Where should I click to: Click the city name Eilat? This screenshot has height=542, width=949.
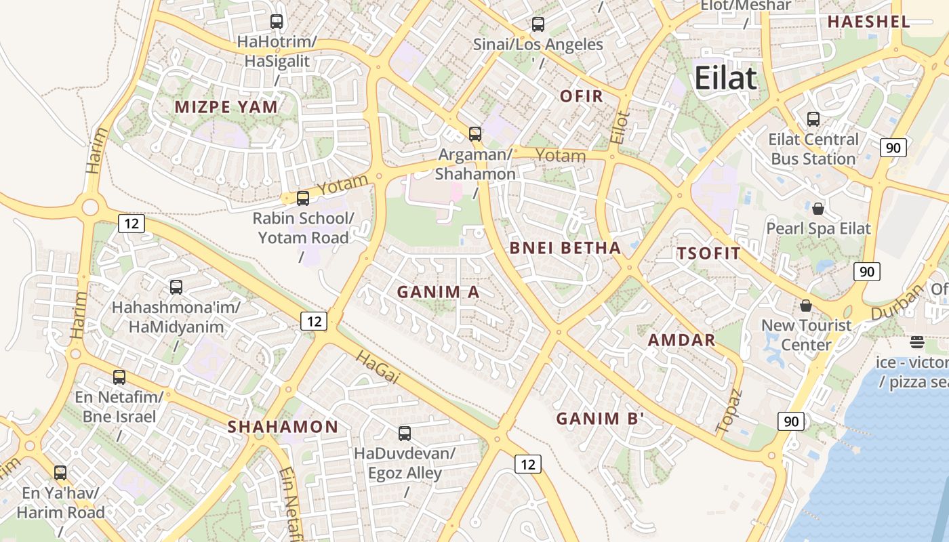[725, 78]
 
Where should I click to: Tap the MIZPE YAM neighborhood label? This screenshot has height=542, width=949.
[226, 107]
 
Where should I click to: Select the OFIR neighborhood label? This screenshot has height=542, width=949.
[582, 96]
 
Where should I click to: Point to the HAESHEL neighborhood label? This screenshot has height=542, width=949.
[868, 22]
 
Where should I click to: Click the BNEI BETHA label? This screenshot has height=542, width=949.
[565, 248]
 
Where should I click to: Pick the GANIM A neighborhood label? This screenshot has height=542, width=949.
[438, 292]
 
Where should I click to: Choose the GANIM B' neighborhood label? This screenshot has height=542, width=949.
[599, 419]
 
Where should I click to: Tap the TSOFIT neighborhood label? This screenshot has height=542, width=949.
[708, 254]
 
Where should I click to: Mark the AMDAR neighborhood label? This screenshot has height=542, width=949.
[682, 340]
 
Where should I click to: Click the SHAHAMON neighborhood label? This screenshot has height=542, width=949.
[283, 427]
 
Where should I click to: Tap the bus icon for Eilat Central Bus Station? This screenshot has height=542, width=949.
[813, 119]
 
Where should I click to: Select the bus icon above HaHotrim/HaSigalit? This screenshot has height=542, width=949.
[277, 22]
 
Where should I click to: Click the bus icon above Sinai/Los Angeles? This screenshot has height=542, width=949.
[538, 24]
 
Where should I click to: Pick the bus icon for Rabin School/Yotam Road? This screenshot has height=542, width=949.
[303, 199]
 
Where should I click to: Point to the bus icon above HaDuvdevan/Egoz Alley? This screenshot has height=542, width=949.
[405, 434]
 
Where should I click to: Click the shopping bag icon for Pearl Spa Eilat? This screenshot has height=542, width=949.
[818, 208]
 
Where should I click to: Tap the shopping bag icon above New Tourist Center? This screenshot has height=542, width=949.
[806, 306]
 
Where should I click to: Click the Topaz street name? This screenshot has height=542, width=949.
[729, 411]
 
